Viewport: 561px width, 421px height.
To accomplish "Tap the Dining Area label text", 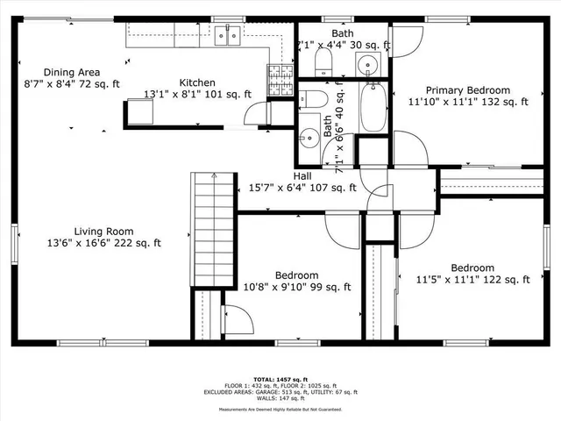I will pos(72,73).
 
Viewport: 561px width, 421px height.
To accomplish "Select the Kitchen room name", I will pos(197,82).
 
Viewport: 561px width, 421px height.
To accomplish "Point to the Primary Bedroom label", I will pos(468,90).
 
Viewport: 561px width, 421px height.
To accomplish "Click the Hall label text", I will pos(302,175).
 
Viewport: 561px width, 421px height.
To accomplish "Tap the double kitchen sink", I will pos(228,35).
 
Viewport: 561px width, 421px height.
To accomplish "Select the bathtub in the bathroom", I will pos(373,107).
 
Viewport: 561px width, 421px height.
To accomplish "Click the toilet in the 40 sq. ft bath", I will pos(313,97).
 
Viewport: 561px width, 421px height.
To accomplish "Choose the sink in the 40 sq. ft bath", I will pos(309,137).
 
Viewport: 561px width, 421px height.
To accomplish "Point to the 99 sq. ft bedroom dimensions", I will pos(296,287).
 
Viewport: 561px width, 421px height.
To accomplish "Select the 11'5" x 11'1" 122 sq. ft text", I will pos(472,280).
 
